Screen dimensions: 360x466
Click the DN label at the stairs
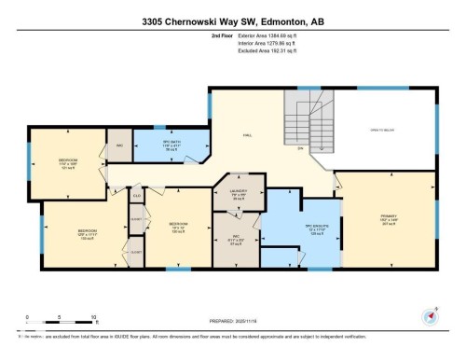point(300,148)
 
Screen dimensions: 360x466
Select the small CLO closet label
point(136,195)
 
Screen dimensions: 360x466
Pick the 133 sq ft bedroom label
point(89,232)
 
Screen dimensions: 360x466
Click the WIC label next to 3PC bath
point(120,145)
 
